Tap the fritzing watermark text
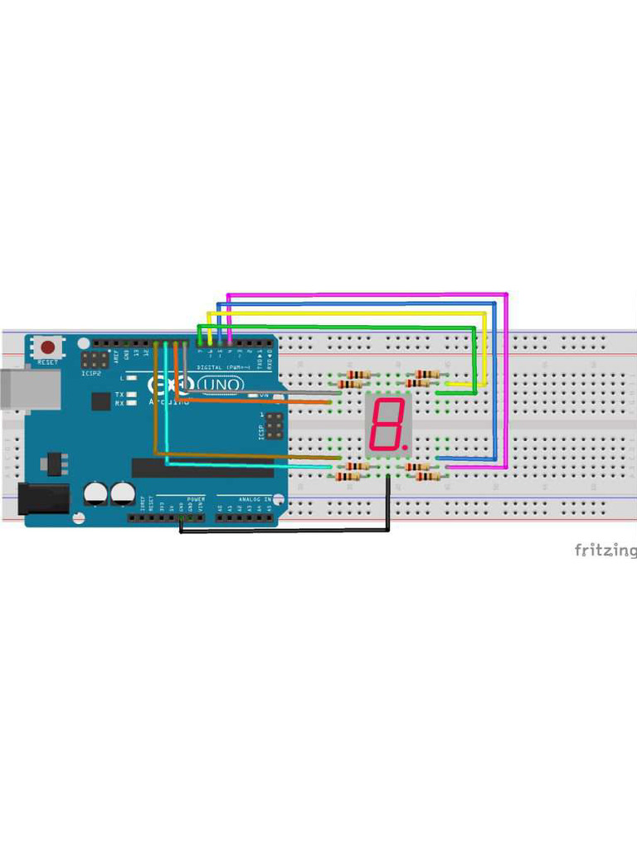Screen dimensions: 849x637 tap(605, 550)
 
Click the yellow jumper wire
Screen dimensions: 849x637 tap(348, 313)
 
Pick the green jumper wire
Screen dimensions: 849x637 tap(332, 327)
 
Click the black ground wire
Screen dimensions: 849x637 tap(282, 531)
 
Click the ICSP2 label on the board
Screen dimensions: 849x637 tap(92, 373)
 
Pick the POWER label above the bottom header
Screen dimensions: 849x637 tap(196, 499)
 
